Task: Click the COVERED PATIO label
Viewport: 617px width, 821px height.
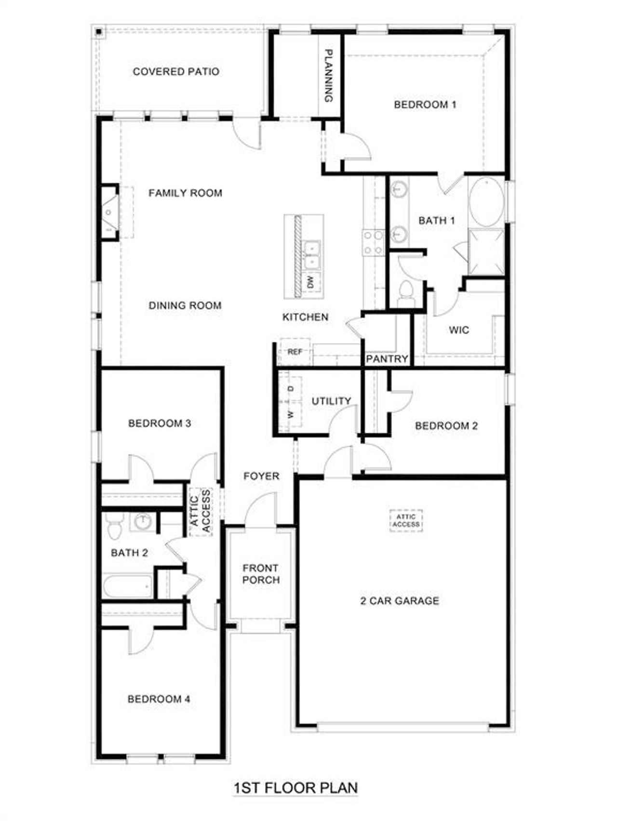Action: click(176, 72)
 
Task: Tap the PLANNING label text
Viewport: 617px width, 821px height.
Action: click(329, 76)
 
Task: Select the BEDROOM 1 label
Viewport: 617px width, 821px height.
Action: click(425, 105)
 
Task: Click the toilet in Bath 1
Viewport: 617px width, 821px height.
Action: click(405, 292)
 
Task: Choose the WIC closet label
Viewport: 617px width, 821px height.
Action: click(458, 330)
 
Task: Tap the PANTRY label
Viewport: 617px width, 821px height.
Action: click(387, 359)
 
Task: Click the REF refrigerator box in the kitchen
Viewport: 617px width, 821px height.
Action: click(295, 352)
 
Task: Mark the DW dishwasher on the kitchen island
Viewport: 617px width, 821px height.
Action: click(311, 280)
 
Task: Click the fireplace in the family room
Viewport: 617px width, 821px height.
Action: click(109, 212)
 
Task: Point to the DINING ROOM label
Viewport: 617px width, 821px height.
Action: click(185, 305)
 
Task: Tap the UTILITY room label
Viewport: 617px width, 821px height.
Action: click(331, 401)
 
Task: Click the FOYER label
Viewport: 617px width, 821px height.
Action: click(261, 476)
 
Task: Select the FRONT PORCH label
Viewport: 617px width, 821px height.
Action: click(261, 574)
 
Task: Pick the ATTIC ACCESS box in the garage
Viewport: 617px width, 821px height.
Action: click(406, 520)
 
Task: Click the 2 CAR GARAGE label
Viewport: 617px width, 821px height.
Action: click(400, 601)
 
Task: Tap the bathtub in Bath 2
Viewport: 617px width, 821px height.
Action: click(128, 586)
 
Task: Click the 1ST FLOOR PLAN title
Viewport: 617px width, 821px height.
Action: click(295, 788)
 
